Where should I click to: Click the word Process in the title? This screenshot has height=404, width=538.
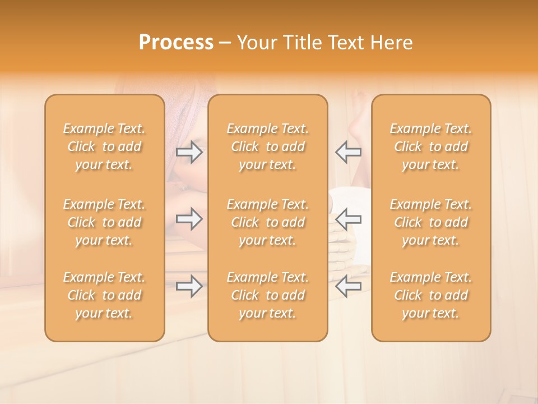[176, 43]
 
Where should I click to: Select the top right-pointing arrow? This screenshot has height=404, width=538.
[189, 152]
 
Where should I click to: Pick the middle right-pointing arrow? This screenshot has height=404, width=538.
[189, 219]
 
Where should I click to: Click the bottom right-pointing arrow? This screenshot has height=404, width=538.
[189, 286]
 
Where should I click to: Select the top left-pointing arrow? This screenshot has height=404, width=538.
[348, 152]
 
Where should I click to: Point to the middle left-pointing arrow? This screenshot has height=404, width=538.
[348, 219]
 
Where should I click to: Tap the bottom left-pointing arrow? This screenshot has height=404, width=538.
[348, 286]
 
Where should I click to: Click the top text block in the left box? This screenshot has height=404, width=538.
[104, 146]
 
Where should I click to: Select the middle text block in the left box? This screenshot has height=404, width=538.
[104, 222]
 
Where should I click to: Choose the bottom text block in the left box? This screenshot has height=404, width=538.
[104, 295]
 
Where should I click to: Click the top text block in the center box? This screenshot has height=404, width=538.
[268, 146]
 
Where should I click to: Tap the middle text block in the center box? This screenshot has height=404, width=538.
[268, 222]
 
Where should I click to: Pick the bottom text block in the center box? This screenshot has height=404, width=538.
[268, 295]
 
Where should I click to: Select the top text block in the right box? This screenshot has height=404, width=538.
[431, 146]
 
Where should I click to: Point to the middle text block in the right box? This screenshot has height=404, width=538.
[431, 222]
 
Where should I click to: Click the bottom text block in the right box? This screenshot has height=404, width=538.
[431, 295]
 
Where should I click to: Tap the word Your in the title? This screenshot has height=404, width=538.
[256, 43]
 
